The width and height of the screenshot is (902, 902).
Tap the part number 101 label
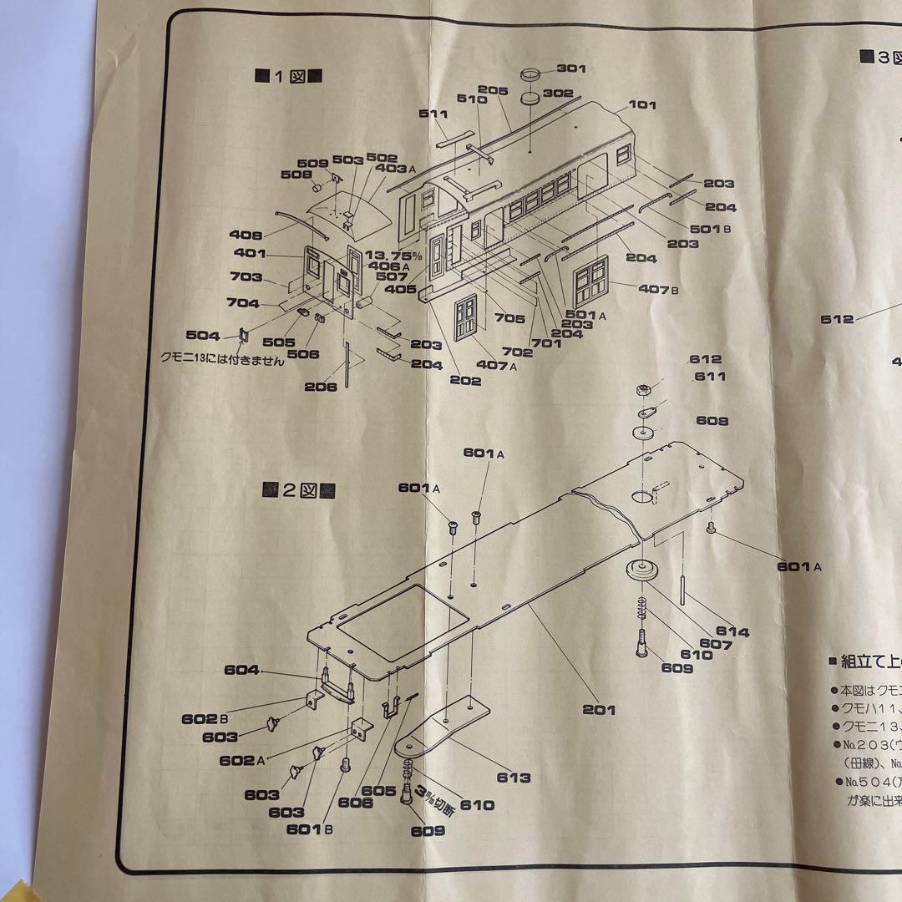point(642,105)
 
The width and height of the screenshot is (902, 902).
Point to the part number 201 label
point(600,709)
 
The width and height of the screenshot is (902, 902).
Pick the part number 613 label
point(514,778)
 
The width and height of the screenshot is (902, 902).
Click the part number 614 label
point(732,632)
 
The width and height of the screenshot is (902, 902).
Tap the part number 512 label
point(837,319)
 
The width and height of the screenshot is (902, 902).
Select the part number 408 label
point(246,236)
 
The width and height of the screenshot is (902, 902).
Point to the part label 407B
point(658,289)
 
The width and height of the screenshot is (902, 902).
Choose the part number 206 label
point(321,387)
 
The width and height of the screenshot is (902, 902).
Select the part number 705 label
point(509,318)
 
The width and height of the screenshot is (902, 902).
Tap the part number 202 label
point(465,381)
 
